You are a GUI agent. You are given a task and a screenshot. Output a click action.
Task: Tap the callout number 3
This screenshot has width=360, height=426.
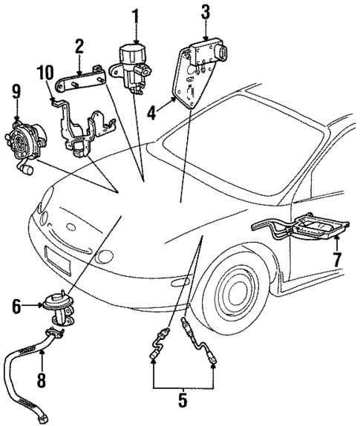(206, 11)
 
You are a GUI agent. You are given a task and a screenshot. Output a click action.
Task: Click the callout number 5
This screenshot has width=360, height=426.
(183, 404)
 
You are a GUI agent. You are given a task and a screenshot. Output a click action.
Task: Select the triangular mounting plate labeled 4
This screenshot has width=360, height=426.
(191, 78)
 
